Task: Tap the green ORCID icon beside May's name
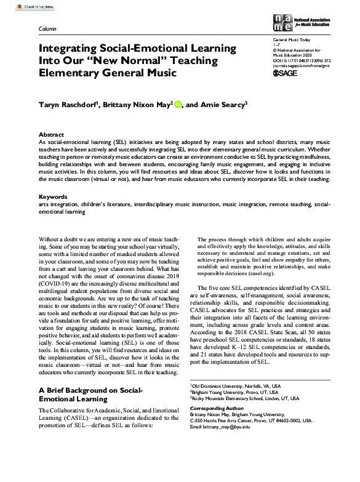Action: [x=178, y=104]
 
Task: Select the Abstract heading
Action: [x=51, y=134]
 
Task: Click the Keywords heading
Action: [x=54, y=197]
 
